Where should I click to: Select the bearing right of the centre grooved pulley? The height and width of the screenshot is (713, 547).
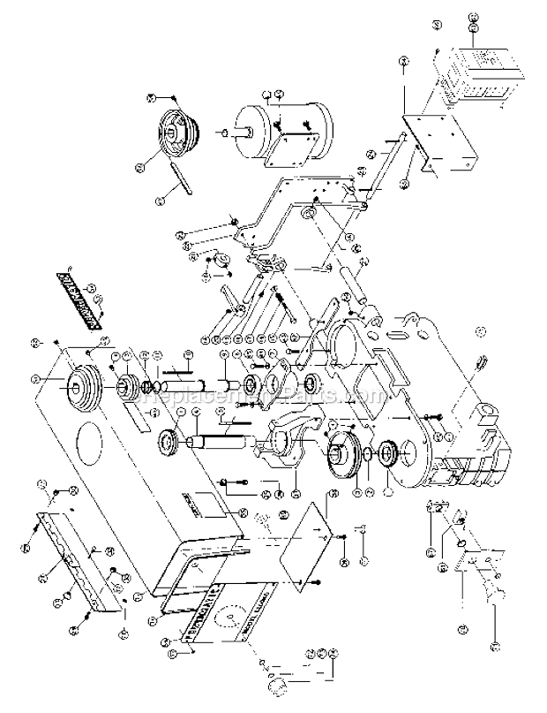[386, 456]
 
